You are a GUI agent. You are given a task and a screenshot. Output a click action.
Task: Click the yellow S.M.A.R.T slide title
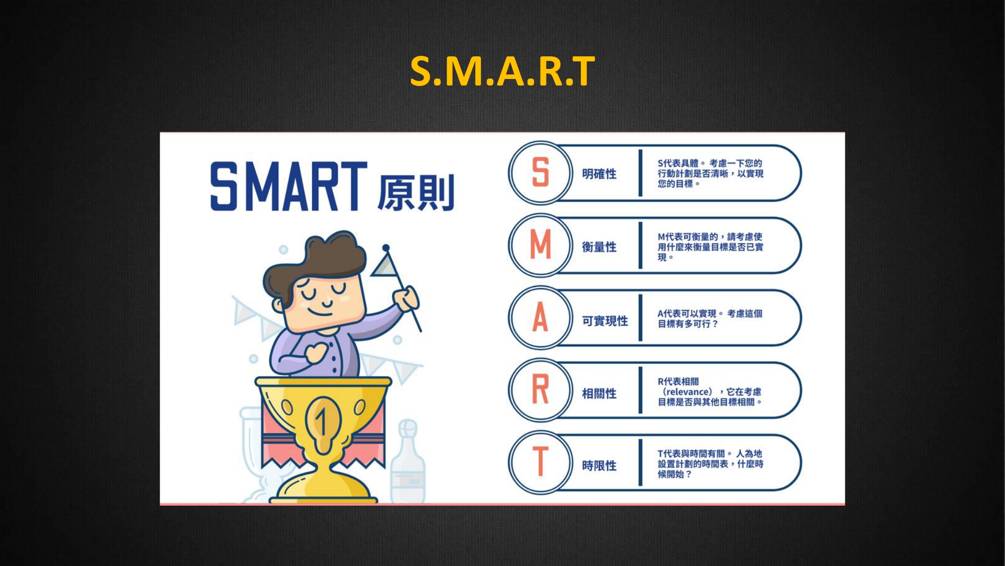(x=502, y=71)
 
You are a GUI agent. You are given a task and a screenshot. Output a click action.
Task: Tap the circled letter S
(x=540, y=172)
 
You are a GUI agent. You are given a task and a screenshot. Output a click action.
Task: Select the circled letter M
(x=541, y=245)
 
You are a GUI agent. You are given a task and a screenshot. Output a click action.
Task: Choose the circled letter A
(x=540, y=317)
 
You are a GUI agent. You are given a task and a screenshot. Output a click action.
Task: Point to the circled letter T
(x=540, y=461)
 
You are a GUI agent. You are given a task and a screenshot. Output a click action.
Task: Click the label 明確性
(x=599, y=174)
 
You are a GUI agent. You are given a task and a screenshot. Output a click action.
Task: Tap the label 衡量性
(x=599, y=247)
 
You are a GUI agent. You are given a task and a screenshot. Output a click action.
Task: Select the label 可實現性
(x=605, y=321)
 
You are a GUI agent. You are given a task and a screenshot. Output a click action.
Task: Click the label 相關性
(x=599, y=393)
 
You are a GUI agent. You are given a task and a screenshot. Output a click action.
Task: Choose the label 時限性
(x=599, y=466)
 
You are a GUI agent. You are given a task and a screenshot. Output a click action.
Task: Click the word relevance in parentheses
(x=687, y=392)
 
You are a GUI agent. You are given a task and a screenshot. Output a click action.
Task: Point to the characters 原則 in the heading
(x=416, y=193)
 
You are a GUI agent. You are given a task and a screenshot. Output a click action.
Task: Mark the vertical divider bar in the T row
(x=641, y=463)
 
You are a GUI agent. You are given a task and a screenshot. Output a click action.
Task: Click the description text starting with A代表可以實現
(x=710, y=319)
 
